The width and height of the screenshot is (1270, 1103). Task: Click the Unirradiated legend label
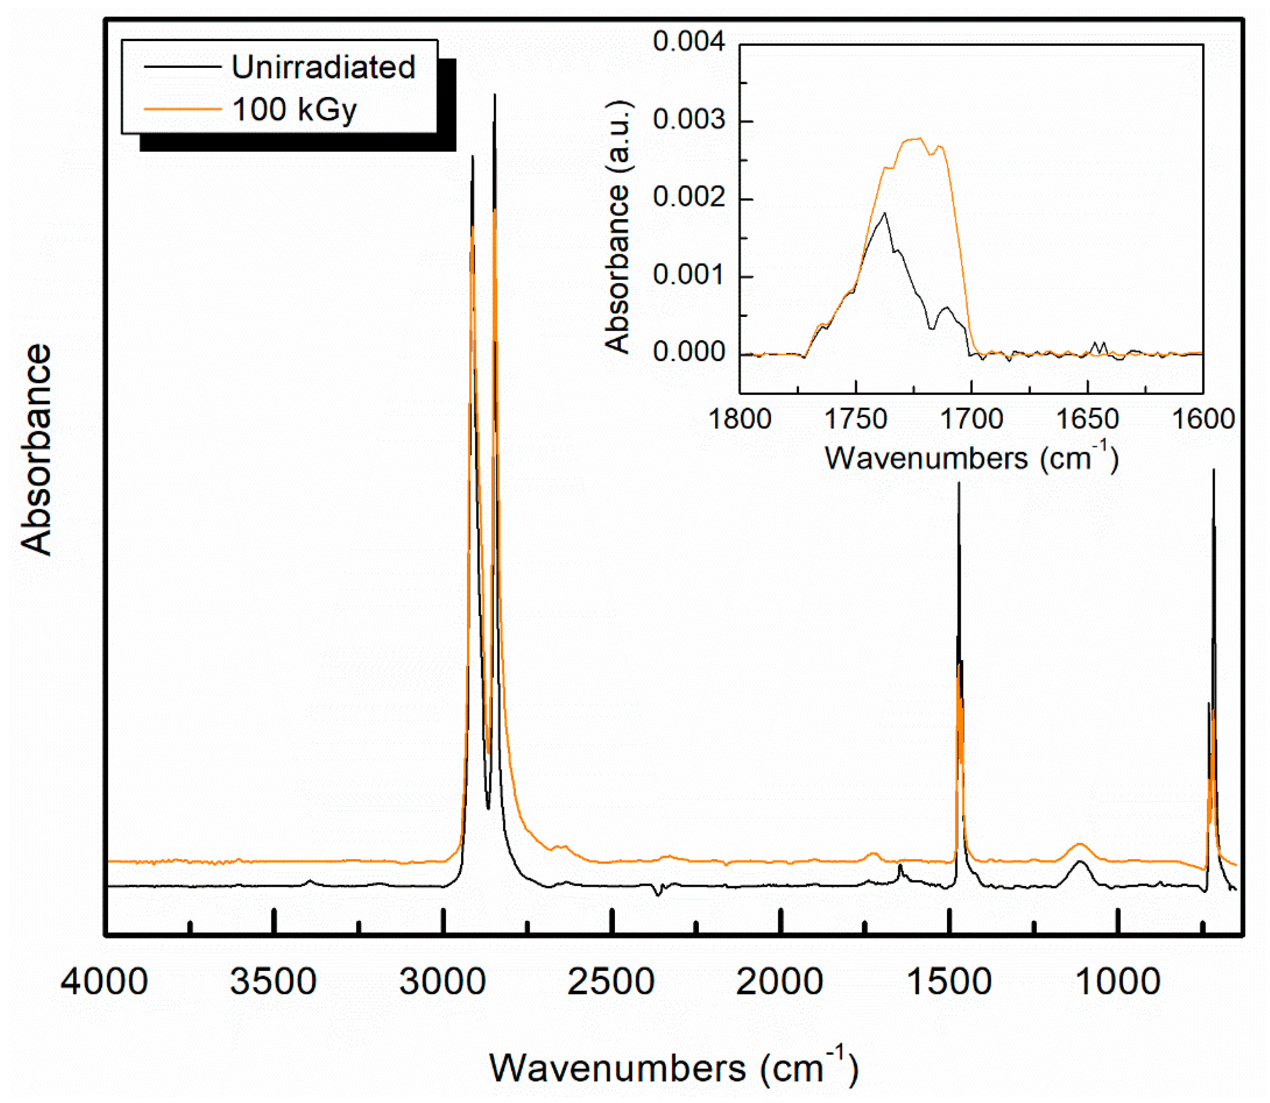click(x=324, y=67)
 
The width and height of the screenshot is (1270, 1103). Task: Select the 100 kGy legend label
click(x=295, y=110)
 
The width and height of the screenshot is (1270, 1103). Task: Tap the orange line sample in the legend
click(x=182, y=110)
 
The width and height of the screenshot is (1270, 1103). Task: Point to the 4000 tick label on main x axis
click(x=104, y=980)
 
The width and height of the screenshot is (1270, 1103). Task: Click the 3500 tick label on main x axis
click(x=273, y=980)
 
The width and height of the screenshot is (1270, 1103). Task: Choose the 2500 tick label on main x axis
click(x=611, y=980)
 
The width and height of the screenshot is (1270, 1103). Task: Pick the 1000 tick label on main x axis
click(x=1118, y=980)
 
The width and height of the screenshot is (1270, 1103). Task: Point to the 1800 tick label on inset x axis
click(x=740, y=419)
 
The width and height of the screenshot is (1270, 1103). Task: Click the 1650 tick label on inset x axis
click(x=1087, y=419)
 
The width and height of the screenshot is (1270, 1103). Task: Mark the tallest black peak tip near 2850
click(x=495, y=95)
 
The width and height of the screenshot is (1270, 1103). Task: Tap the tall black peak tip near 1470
click(x=959, y=483)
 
